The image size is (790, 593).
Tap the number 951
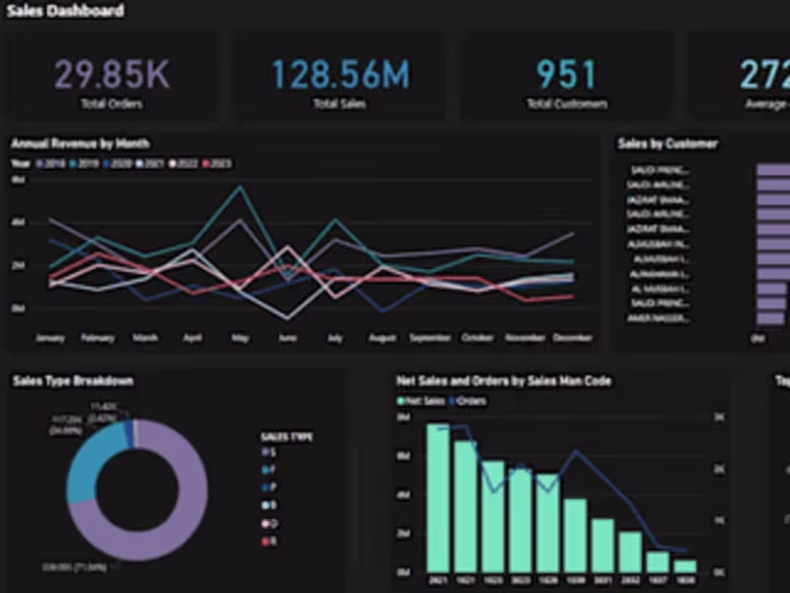566,75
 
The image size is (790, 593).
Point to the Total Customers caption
567,103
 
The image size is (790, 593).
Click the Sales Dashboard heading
65,11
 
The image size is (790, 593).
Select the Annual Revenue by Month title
80,143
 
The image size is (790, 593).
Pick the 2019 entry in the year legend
86,163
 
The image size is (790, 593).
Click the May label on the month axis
240,338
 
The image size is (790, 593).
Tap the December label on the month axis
572,338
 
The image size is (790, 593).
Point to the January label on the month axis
49,338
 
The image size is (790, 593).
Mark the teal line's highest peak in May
240,187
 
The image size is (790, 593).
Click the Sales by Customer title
668,143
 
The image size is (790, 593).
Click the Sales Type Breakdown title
72,381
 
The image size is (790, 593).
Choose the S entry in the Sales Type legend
269,452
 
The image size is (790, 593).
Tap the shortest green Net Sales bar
684,566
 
